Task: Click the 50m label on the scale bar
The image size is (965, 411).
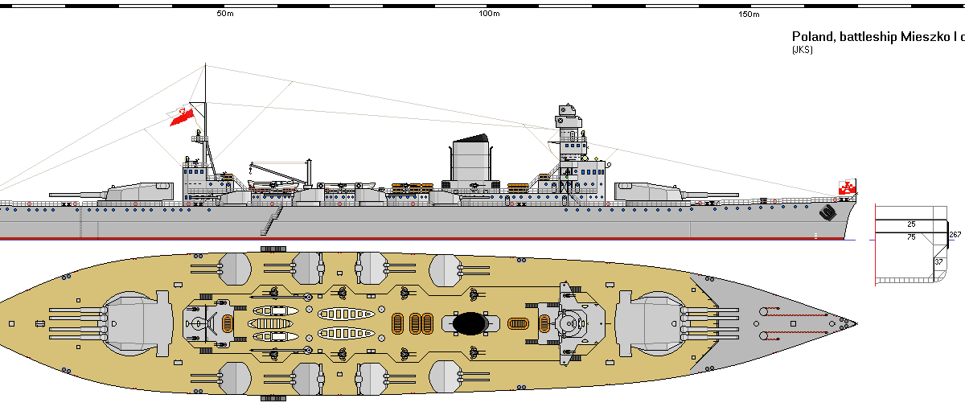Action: [x=225, y=14]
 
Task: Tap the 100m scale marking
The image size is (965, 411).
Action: [x=489, y=14]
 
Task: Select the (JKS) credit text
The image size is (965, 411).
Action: [x=803, y=50]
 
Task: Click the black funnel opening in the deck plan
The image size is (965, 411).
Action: [x=470, y=323]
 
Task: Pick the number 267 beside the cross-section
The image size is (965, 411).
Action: [x=955, y=235]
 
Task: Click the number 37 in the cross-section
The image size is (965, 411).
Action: [x=938, y=262]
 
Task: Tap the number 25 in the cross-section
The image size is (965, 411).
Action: [x=911, y=224]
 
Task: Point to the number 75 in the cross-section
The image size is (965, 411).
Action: [x=911, y=237]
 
